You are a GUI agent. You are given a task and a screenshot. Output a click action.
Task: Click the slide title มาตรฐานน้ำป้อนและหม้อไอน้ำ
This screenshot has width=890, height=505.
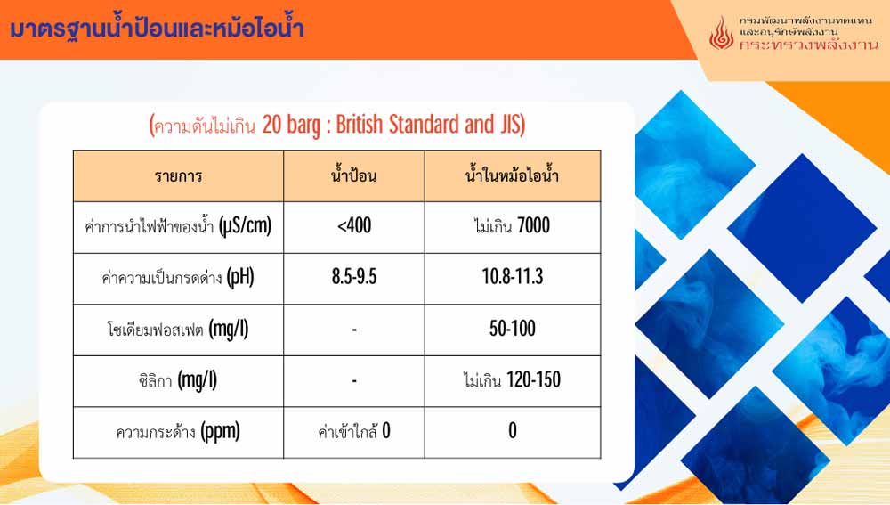click(x=157, y=29)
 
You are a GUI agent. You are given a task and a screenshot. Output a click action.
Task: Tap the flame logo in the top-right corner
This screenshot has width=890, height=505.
click(x=721, y=32)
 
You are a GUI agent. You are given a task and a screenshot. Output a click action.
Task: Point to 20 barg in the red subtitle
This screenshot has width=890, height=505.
click(x=291, y=125)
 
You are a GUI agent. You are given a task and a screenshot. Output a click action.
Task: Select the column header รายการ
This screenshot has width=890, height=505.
click(x=178, y=176)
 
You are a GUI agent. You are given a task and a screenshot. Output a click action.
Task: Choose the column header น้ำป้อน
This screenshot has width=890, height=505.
click(x=353, y=175)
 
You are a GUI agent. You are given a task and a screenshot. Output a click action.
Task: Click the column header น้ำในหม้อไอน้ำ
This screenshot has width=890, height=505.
click(x=512, y=175)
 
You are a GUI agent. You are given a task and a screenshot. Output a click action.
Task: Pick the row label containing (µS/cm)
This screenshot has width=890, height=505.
click(x=178, y=226)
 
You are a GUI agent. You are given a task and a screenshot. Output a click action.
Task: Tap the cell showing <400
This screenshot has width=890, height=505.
click(x=354, y=226)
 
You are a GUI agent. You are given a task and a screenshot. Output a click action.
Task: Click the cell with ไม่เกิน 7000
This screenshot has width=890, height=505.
click(x=512, y=226)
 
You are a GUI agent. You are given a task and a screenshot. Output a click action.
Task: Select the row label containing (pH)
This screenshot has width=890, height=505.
click(x=178, y=278)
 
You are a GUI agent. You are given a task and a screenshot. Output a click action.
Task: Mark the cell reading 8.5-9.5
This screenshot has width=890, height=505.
click(x=354, y=277)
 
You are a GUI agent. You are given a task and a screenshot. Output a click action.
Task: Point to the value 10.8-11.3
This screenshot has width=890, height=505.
click(x=513, y=277)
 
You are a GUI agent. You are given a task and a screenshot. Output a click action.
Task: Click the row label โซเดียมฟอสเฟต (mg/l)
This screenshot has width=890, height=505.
click(x=178, y=329)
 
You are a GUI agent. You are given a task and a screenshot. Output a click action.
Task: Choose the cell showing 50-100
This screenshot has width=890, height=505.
click(x=513, y=329)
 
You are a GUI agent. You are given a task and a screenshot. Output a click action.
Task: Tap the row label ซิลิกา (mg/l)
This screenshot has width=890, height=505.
click(x=178, y=380)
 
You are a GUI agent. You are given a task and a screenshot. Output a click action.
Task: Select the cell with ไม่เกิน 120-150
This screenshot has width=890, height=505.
click(x=512, y=379)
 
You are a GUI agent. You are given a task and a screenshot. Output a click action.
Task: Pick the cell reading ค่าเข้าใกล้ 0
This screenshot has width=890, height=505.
click(x=354, y=431)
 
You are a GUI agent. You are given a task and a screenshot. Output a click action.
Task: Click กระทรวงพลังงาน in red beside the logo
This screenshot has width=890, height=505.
click(x=809, y=45)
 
